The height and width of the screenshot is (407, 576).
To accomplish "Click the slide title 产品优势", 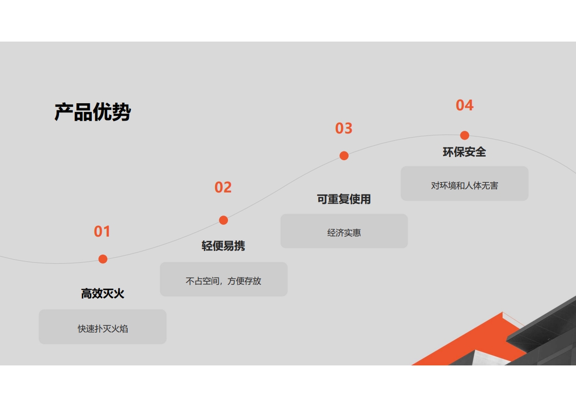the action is [x=92, y=112].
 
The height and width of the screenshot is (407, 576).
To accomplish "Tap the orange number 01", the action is [x=102, y=231].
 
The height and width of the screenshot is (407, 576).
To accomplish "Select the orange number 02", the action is [x=223, y=187].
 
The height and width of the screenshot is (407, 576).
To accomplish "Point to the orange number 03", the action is [x=344, y=128].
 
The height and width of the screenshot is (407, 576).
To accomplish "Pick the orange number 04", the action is [x=465, y=105].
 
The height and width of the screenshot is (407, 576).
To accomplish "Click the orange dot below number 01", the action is [x=103, y=259].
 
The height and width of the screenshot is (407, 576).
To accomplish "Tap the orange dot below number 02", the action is [x=223, y=220].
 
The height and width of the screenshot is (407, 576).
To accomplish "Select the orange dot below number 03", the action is [x=344, y=156].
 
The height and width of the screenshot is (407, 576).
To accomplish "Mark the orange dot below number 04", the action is [x=465, y=135].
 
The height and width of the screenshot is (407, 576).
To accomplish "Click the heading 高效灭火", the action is [x=103, y=294].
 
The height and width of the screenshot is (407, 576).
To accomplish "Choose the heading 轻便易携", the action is [x=223, y=246].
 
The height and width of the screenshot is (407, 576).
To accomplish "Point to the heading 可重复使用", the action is [x=344, y=199].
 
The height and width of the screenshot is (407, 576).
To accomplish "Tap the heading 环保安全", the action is [x=464, y=152].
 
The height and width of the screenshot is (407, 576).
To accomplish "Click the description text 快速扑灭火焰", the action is [x=103, y=328].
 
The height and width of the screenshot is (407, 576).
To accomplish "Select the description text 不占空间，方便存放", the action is [x=223, y=281].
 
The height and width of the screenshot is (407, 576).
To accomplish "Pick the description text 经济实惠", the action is [x=344, y=232].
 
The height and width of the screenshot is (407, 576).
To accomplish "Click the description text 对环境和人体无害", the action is [x=465, y=185].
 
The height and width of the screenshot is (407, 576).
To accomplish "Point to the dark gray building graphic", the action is [x=544, y=334].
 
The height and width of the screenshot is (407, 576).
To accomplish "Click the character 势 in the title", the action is [x=122, y=112].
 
